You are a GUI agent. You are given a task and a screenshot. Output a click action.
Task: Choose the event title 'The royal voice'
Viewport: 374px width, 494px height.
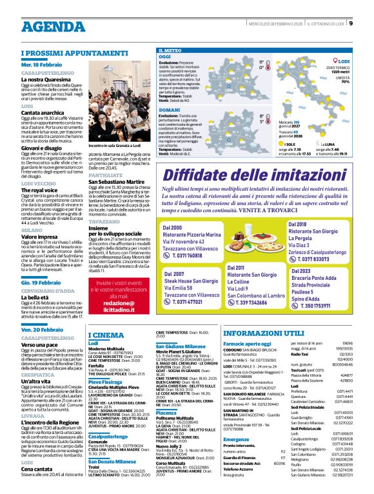[39, 190]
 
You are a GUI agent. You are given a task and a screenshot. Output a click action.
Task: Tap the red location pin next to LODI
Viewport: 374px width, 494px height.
[335, 61]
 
